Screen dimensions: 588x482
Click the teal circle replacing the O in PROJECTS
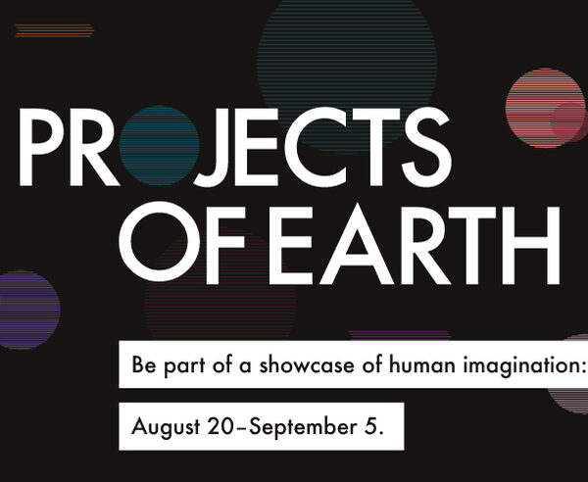pyautogui.click(x=160, y=146)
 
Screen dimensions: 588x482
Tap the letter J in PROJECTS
pyautogui.click(x=213, y=147)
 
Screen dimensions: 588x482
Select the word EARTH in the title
pyautogui.click(x=414, y=245)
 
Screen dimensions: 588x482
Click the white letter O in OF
pyautogui.click(x=160, y=242)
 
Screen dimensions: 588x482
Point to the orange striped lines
pyautogui.click(x=54, y=30)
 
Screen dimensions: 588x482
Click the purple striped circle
pyautogui.click(x=27, y=310)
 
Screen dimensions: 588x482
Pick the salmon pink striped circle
pyautogui.click(x=545, y=108)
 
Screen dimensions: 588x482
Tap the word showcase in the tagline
pyautogui.click(x=307, y=364)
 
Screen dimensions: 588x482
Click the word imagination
pyautogui.click(x=523, y=365)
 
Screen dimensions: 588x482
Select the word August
pyautogui.click(x=166, y=427)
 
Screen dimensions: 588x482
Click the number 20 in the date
pyautogui.click(x=220, y=426)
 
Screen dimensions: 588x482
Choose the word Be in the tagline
pyautogui.click(x=144, y=364)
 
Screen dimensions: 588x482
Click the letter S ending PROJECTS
pyautogui.click(x=426, y=147)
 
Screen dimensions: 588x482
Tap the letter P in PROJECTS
pyautogui.click(x=41, y=147)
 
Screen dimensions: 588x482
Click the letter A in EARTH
pyautogui.click(x=357, y=245)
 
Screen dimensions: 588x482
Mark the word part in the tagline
pyautogui.click(x=184, y=365)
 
